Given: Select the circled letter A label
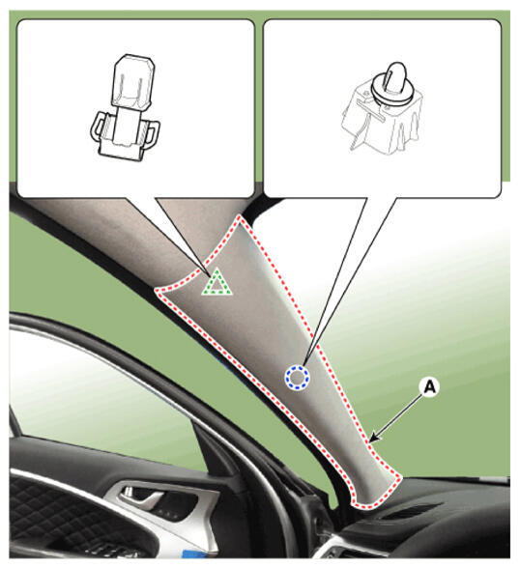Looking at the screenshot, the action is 429,387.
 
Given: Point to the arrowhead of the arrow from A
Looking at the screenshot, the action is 374,438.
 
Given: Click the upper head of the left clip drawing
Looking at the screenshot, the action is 134,81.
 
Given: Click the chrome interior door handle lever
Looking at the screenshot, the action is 144,500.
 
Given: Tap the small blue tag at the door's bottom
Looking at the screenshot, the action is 192,554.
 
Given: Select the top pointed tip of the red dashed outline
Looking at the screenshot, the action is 239,216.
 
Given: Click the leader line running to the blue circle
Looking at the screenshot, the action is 335,281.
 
